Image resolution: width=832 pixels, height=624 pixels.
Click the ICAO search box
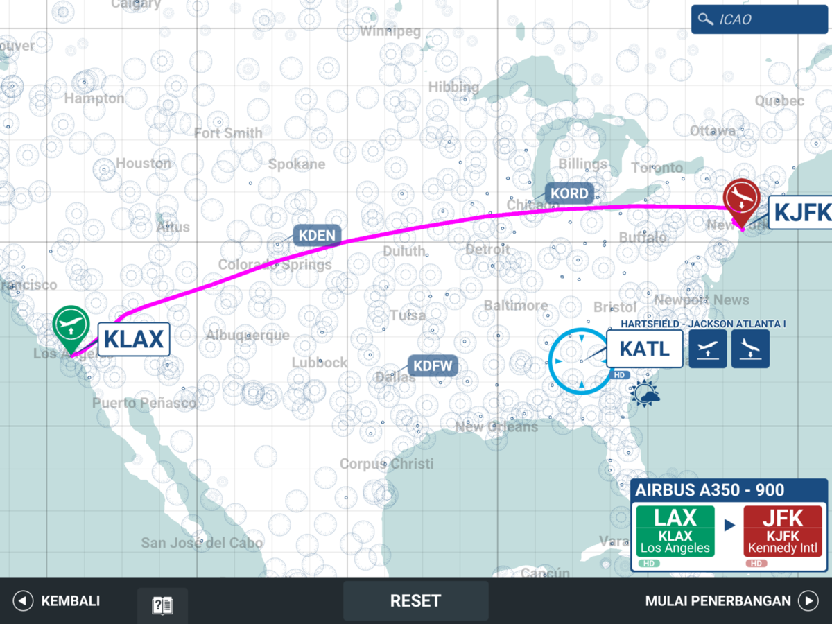(759, 19)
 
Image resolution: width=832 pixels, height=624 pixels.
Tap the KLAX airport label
(134, 340)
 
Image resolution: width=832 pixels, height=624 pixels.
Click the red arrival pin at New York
(741, 198)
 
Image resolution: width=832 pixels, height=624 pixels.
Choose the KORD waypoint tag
(569, 193)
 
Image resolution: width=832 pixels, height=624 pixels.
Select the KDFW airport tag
(433, 365)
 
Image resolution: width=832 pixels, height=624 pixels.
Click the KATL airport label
(644, 349)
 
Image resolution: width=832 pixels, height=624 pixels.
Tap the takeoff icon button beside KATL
(708, 349)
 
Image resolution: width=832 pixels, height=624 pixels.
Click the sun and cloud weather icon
(645, 395)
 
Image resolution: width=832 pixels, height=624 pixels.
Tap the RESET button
(415, 600)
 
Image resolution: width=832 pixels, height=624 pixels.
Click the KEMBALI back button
(58, 600)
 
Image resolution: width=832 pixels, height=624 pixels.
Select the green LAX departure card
(675, 531)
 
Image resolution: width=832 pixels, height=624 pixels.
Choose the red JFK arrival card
(783, 531)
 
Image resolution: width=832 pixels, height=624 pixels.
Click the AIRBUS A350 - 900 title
(710, 490)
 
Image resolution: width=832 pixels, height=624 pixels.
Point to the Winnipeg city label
(390, 31)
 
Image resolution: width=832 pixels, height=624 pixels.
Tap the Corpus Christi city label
(386, 463)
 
